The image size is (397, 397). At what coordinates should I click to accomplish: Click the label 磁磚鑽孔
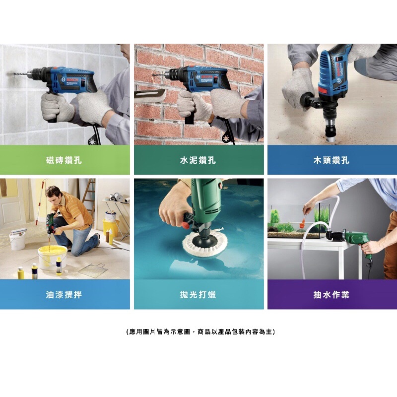point(64,160)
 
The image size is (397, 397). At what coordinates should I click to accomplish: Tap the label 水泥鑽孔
point(198,160)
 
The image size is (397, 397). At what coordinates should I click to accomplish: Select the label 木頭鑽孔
point(331,160)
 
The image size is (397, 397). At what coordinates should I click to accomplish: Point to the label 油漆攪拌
point(64,295)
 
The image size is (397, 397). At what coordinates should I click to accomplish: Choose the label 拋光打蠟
point(198,295)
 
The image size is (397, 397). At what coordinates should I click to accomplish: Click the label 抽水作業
point(331,295)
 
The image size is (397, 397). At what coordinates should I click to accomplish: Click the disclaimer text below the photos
point(200,331)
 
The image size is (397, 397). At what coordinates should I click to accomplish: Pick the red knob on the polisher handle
point(186,224)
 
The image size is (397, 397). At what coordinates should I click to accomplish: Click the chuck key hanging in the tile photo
point(92,141)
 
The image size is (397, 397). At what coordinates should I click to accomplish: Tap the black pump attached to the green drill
point(334,235)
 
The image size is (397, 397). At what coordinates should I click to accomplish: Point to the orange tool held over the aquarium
point(303,223)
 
